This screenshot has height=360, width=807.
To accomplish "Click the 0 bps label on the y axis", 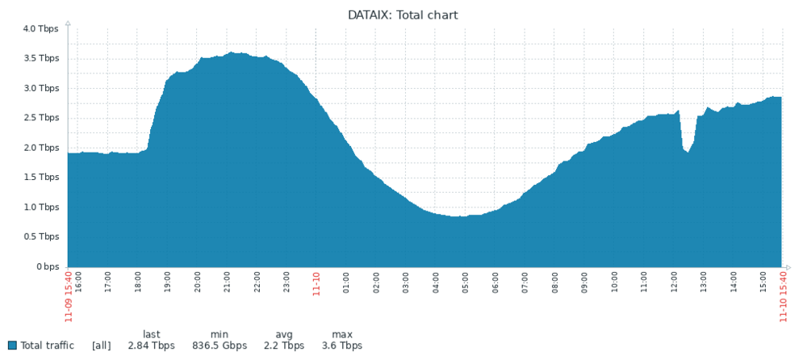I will click(46, 266).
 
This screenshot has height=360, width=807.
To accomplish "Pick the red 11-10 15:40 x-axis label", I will click(782, 295).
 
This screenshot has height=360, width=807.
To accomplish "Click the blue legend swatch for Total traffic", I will click(12, 345).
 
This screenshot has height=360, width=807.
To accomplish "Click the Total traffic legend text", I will click(47, 345).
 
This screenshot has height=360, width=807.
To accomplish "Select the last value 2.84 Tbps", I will click(151, 345).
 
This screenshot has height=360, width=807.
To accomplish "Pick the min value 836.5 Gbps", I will click(219, 345).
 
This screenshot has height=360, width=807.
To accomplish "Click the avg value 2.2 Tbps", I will click(284, 345).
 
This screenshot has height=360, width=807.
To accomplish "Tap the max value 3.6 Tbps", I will click(342, 345).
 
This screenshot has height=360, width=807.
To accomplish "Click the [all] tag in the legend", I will click(102, 345).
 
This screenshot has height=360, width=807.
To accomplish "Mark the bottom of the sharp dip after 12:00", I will click(688, 153).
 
